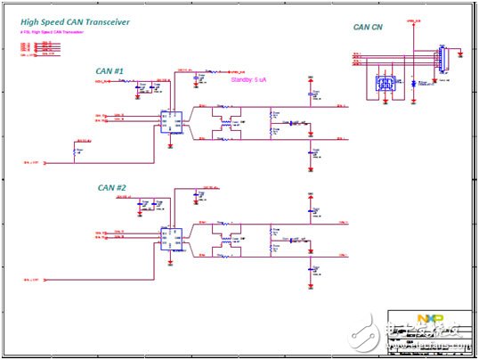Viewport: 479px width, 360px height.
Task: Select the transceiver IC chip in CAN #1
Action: [x=167, y=119]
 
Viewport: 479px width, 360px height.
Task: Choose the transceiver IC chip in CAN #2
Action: [x=167, y=237]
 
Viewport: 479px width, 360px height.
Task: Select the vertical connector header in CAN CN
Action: [x=439, y=58]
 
